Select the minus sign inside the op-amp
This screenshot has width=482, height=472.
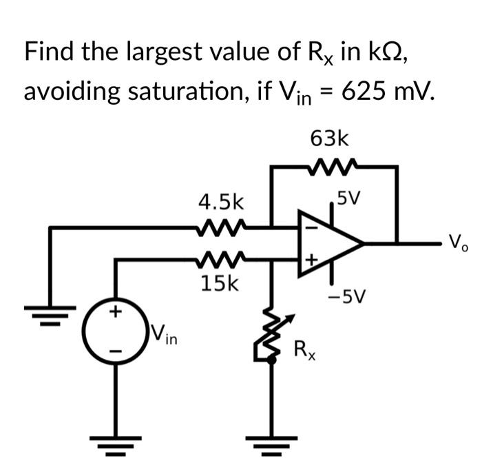tap(309, 225)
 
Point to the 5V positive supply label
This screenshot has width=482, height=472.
tap(348, 199)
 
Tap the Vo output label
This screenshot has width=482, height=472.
tap(457, 243)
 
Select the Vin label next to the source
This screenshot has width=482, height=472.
tap(164, 336)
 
